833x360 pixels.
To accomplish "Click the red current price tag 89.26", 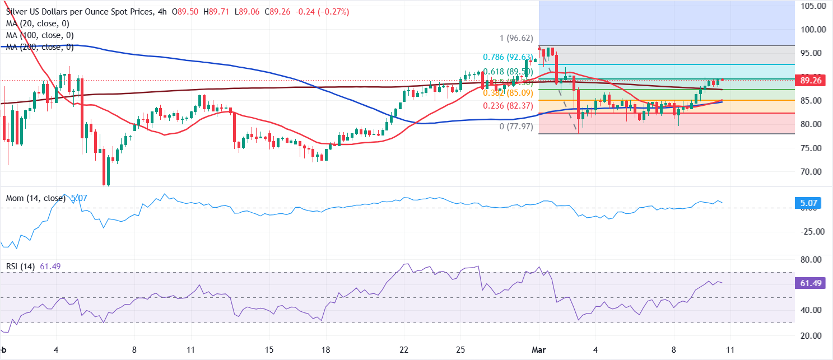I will point(811,81).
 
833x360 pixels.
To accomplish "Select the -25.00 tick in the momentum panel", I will point(811,232).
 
